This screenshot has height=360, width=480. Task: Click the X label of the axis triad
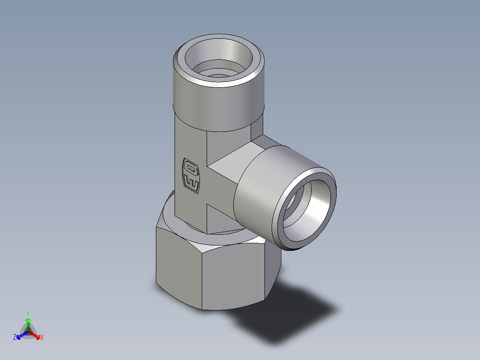point(42,337)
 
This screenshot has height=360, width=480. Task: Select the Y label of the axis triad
point(28,313)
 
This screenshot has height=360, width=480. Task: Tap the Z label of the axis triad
point(15,337)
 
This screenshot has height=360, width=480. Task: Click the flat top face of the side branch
point(232,156)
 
